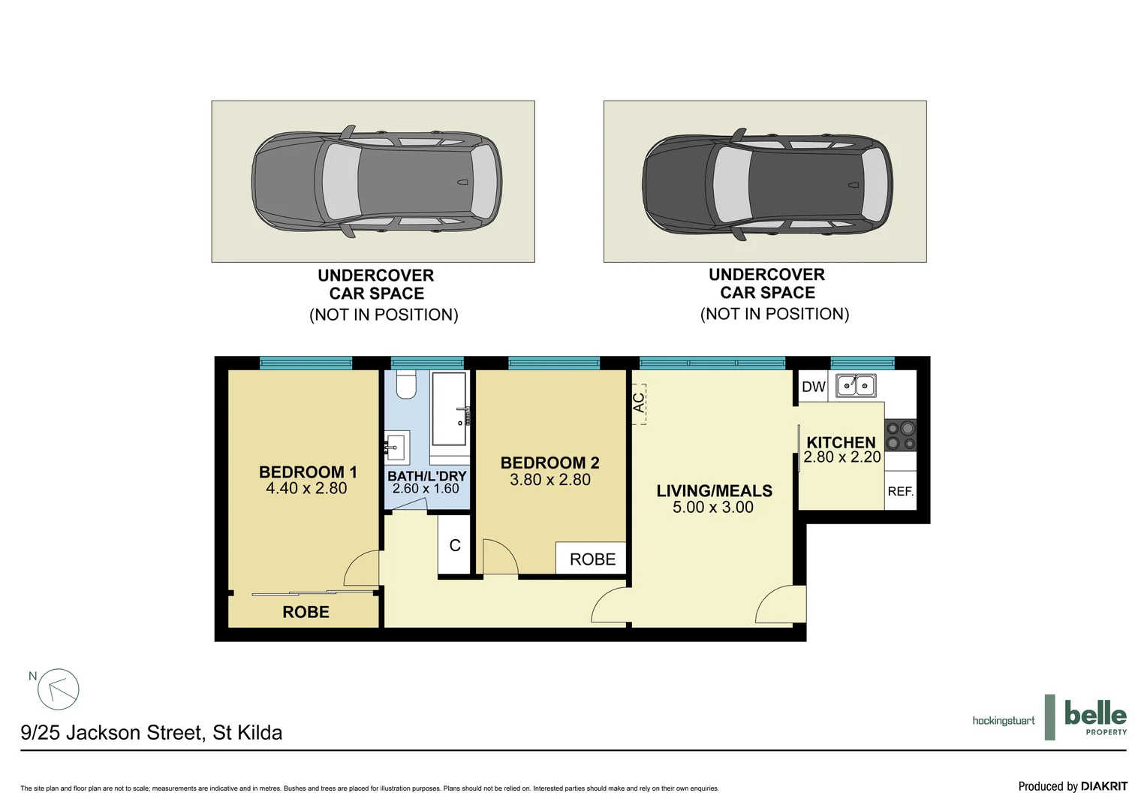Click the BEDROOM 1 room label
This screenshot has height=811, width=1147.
pos(307,472)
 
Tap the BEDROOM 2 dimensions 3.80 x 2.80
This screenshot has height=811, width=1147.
pos(550,480)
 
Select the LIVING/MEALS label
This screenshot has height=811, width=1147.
pos(714,491)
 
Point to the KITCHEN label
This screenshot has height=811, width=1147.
pos(841,442)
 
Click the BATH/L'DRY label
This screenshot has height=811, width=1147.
pos(426,476)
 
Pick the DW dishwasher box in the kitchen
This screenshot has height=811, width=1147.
pos(813,387)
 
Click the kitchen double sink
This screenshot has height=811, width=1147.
pos(856,386)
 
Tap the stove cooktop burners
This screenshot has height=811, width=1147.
pos(901,436)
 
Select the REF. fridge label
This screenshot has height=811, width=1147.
pos(900,492)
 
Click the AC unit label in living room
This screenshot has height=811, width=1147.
pos(639,403)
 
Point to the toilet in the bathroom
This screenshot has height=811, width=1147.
pos(406,385)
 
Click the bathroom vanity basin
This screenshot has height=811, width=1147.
pos(396,448)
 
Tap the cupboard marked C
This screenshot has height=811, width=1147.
pos(455,546)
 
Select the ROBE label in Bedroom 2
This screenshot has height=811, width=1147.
pos(592,559)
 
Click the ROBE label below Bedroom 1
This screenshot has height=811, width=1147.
pos(306,612)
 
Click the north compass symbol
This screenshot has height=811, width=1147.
pos(58,689)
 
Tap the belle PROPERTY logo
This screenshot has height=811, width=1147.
pos(1094,717)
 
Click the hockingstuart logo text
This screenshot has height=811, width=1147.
pos(1003,721)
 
